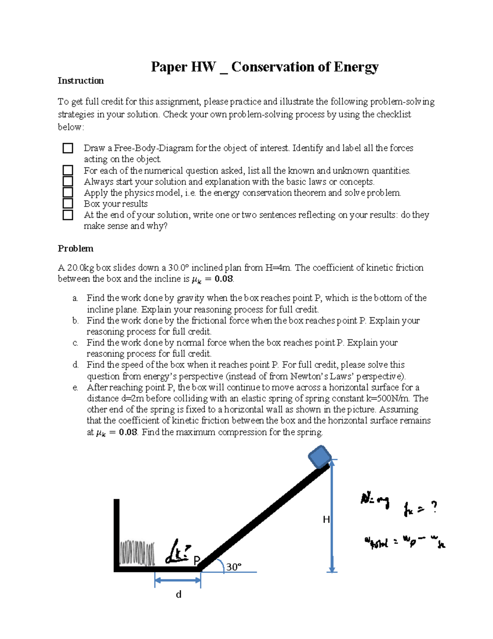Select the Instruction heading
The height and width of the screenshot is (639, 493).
pos(81,81)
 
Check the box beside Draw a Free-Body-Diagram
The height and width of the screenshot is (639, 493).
pos(68,148)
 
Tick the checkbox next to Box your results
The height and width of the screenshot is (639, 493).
pos(68,204)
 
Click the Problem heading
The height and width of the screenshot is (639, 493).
pos(76,249)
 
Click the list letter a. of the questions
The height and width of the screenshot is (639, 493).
pos(75,298)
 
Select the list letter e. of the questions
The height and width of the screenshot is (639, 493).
pos(75,388)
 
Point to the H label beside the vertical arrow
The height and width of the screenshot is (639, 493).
pos(326,520)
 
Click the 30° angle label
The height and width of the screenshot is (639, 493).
pos(233,567)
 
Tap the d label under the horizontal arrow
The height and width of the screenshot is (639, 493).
pos(178,595)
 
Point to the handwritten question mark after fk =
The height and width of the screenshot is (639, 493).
pos(433,508)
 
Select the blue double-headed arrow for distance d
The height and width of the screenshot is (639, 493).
pos(177,580)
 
